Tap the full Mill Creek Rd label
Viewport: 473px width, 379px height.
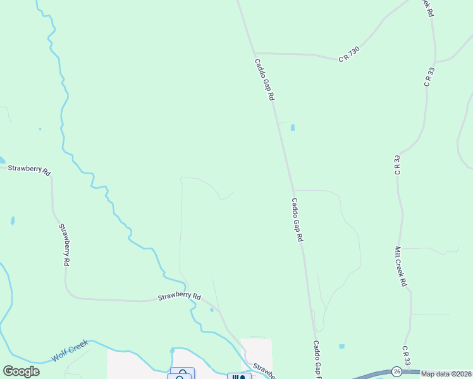point(401,267)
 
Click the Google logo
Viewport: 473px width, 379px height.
point(21,371)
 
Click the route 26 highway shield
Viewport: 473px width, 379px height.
point(396,371)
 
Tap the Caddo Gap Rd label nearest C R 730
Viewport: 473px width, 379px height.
point(265,80)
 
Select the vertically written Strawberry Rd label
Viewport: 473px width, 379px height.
point(64,244)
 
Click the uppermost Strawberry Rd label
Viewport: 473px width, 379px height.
point(28,169)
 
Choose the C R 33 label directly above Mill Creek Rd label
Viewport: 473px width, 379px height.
point(397,164)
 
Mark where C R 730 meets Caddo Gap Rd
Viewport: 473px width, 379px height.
point(254,53)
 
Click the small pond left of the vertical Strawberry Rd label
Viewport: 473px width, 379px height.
point(12,221)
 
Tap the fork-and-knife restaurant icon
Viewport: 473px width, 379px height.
point(239,377)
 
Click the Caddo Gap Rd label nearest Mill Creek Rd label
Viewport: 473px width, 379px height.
point(298,220)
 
